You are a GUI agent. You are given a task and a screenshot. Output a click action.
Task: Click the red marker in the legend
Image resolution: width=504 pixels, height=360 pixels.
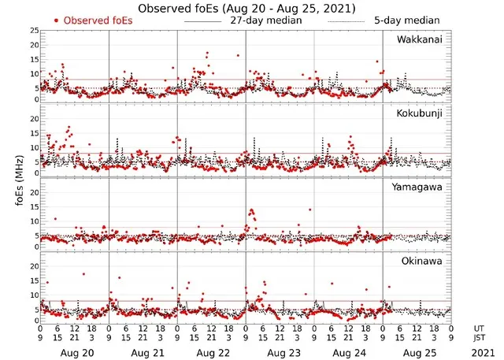[x=57, y=20]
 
